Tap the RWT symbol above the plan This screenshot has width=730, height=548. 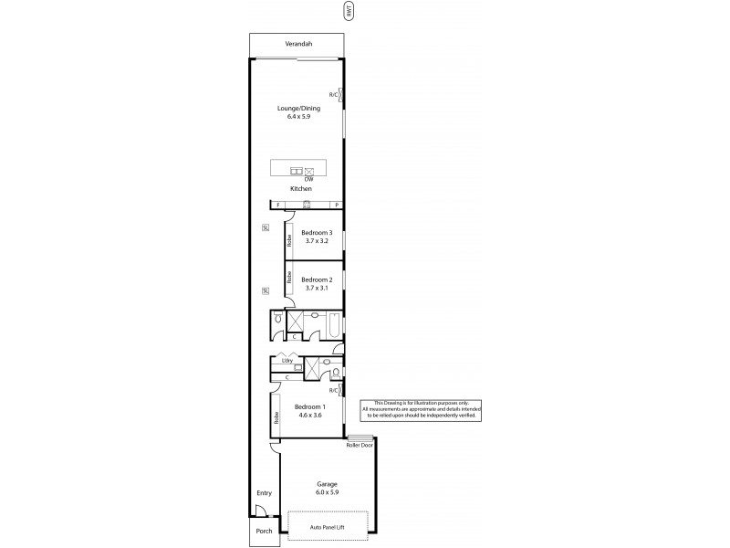click(347, 11)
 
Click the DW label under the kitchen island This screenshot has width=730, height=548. click(309, 179)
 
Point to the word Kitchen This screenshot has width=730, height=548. click(301, 189)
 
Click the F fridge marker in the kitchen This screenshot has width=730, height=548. click(277, 205)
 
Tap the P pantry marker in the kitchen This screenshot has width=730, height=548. click(337, 205)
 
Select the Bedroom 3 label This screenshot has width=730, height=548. click(317, 233)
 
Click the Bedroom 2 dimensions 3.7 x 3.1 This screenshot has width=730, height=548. click(317, 288)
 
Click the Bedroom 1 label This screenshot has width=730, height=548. click(309, 406)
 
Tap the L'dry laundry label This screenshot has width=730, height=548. click(287, 360)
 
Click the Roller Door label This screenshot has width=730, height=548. click(359, 446)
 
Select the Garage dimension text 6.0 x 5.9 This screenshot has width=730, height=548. click(327, 492)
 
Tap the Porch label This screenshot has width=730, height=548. click(264, 530)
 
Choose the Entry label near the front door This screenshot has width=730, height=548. click(264, 493)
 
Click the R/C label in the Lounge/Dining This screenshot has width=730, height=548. click(334, 94)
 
